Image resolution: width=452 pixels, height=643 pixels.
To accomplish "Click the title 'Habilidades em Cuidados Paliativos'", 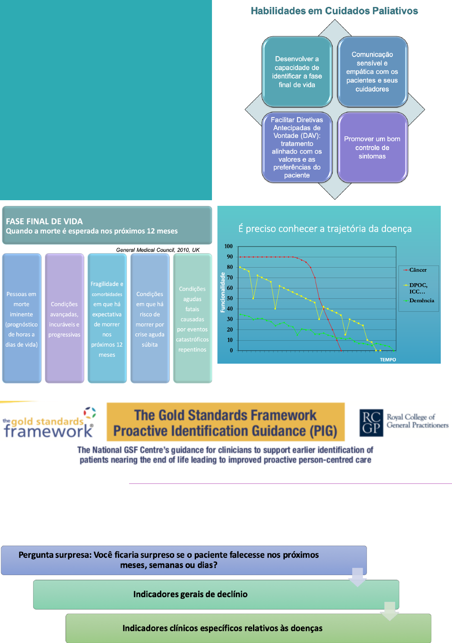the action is (x=334, y=11).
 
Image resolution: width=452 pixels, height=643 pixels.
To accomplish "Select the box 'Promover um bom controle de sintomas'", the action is (x=372, y=147).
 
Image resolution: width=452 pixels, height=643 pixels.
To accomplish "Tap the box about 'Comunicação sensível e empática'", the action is (x=372, y=72).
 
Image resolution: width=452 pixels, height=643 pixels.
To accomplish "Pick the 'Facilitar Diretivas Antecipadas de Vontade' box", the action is (x=297, y=147).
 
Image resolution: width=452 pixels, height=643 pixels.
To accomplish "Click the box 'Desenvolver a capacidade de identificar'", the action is (x=297, y=72).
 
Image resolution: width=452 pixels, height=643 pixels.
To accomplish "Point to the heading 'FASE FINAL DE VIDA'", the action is (x=44, y=221).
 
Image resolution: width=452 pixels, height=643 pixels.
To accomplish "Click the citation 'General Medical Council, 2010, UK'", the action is (x=158, y=250).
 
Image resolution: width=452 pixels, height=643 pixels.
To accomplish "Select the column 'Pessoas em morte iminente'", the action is (x=22, y=318).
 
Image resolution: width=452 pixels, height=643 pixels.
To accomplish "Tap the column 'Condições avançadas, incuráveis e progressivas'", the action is (x=64, y=318).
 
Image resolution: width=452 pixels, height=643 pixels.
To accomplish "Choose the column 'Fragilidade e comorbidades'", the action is (x=107, y=318).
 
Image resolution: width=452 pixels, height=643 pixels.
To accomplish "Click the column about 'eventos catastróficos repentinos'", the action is (x=193, y=318).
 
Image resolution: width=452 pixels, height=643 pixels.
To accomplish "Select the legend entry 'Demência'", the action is (x=421, y=301).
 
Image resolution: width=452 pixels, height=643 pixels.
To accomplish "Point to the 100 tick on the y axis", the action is (x=228, y=246).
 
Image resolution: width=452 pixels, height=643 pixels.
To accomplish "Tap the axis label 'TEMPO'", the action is (x=388, y=360).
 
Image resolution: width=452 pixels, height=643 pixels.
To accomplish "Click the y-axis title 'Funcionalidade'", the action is (x=223, y=292).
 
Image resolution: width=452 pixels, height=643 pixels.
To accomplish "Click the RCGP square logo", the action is (x=371, y=422).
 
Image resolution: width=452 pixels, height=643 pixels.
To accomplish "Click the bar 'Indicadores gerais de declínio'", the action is (x=190, y=595).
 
